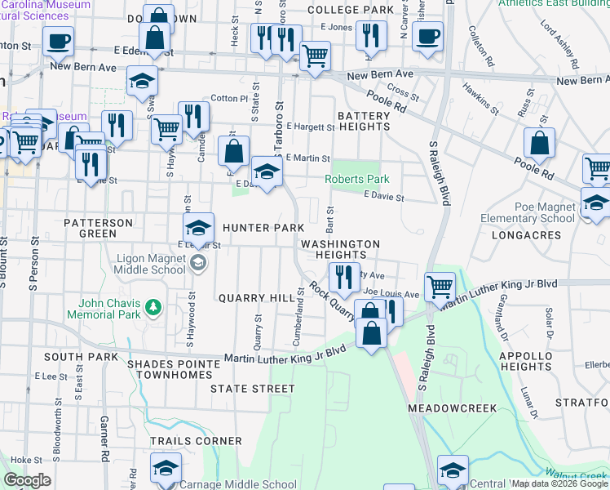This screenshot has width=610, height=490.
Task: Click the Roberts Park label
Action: click(356, 179)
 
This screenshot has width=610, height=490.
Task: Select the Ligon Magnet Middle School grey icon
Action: click(198, 263)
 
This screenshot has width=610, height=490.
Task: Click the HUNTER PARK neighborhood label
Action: click(257, 228)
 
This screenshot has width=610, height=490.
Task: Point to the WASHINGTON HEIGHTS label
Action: click(340, 249)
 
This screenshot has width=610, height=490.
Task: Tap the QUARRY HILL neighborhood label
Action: click(256, 298)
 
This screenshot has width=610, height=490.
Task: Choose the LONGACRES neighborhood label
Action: click(526, 235)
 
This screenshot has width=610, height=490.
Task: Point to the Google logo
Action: click(26, 480)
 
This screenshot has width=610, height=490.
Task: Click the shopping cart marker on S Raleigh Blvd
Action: click(440, 285)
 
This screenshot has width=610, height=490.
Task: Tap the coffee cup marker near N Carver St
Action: click(427, 36)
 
